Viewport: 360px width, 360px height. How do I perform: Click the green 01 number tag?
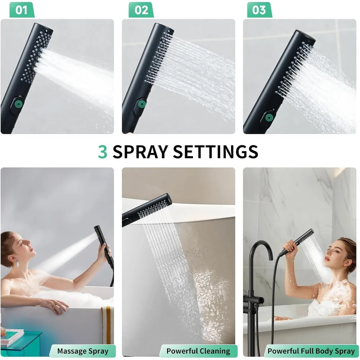point(21,10)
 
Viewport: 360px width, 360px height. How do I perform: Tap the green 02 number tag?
point(141,10)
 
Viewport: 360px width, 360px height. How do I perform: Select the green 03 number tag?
point(259,10)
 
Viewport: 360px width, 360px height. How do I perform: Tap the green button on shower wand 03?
point(268,117)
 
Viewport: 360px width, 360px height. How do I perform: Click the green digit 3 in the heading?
point(103,152)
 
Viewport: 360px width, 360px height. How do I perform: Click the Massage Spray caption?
point(82,351)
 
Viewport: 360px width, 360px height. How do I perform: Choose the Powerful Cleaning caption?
point(198,351)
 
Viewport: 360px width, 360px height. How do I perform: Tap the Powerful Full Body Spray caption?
point(311,351)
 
